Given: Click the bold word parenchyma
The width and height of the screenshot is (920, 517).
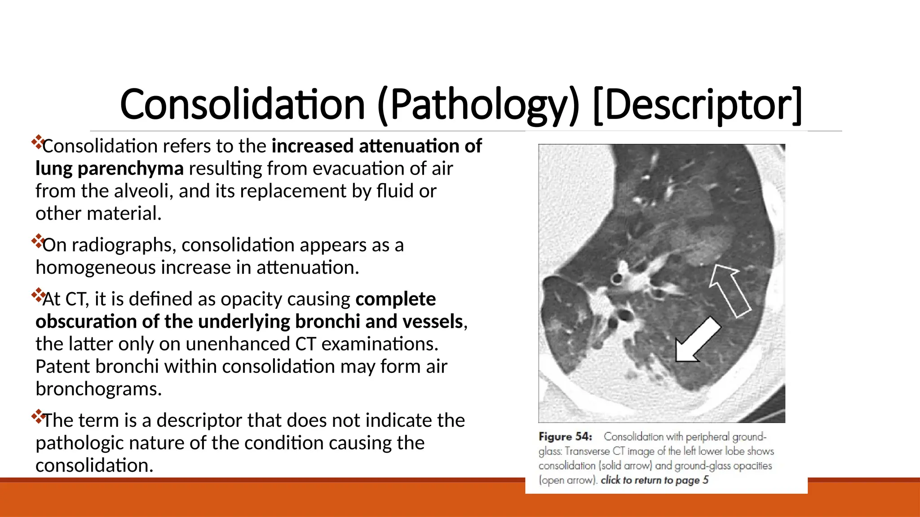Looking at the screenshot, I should click(x=130, y=169).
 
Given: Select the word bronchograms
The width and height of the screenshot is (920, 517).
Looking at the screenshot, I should click(x=98, y=389).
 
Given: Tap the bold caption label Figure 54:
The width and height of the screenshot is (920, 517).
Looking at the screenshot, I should click(x=566, y=437).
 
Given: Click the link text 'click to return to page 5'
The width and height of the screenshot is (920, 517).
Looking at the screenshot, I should click(x=655, y=480).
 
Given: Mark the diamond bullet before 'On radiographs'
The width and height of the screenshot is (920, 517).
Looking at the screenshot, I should click(x=38, y=241).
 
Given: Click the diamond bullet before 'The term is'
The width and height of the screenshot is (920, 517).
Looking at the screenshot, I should click(x=38, y=416).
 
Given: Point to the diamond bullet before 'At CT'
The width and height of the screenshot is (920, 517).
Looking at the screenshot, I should click(x=38, y=295).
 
